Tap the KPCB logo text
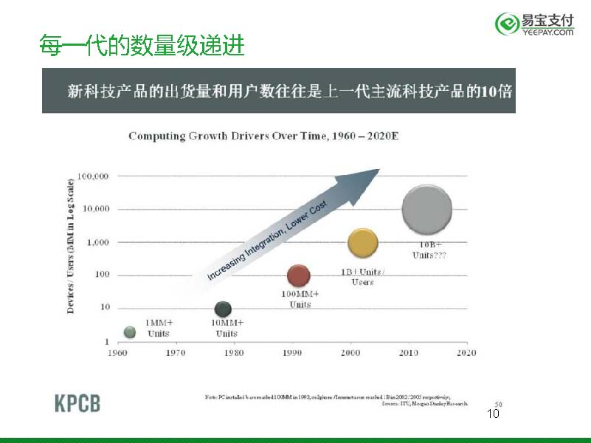pyautogui.click(x=77, y=403)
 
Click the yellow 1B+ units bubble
pyautogui.click(x=362, y=243)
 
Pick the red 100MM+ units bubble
pyautogui.click(x=298, y=276)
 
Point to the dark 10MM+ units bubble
pyautogui.click(x=223, y=309)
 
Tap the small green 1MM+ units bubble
pyautogui.click(x=130, y=332)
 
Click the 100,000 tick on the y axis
pyautogui.click(x=93, y=176)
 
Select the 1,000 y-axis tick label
pyautogui.click(x=97, y=242)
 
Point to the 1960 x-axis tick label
pyautogui.click(x=118, y=353)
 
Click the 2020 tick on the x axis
pyautogui.click(x=466, y=353)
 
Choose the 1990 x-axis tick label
pyautogui.click(x=292, y=353)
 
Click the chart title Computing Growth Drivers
pyautogui.click(x=263, y=136)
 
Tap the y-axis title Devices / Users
pyautogui.click(x=71, y=244)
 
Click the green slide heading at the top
pyautogui.click(x=142, y=47)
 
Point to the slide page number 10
pyautogui.click(x=494, y=413)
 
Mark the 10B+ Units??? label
pyautogui.click(x=429, y=250)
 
